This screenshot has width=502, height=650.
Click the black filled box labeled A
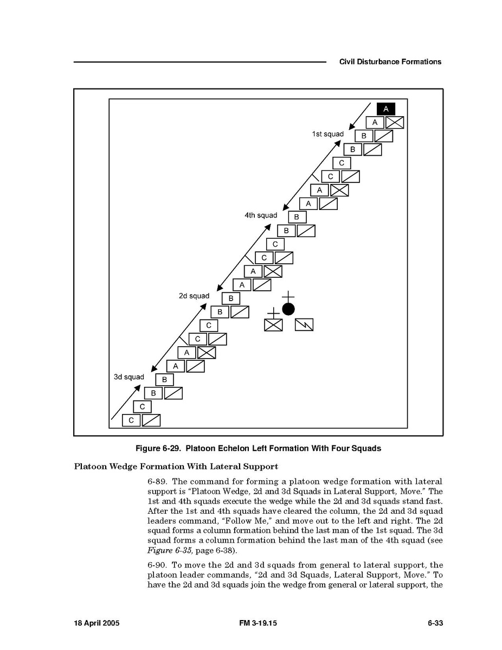pos(386,109)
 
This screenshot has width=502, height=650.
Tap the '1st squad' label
pos(327,134)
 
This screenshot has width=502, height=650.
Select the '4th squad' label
pos(261,215)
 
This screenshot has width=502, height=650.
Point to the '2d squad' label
pos(194,296)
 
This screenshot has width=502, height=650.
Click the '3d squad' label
pos(129,377)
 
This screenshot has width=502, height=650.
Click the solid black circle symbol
pos(288,309)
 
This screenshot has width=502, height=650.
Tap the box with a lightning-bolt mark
pos(304,325)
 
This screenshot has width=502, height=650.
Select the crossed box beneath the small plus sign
pos(273,325)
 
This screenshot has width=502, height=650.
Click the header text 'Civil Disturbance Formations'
pos(390,62)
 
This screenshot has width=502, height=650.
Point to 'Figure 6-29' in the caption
pos(158,449)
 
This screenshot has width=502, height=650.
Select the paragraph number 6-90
pos(158,565)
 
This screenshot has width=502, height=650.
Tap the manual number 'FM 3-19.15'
pos(258,623)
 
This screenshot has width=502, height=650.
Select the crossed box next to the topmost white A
pos(395,123)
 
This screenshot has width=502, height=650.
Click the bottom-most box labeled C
pos(131,420)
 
